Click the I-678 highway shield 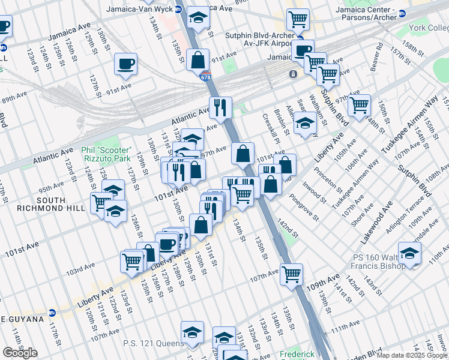pos(206,77)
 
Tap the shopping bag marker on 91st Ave pos(197,60)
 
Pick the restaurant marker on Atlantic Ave pos(221,108)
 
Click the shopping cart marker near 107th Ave pos(291,274)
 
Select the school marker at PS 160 pos(410,253)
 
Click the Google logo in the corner pos(20,353)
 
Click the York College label pos(430,28)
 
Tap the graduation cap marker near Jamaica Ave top pos(198,18)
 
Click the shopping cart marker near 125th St pos(132,260)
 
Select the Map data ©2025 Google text pos(411,355)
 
